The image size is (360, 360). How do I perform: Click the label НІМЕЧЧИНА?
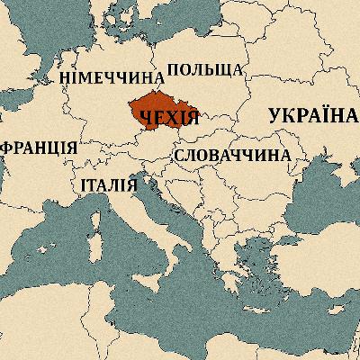click(x=112, y=77)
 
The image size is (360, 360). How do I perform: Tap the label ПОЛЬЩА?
click(x=205, y=70)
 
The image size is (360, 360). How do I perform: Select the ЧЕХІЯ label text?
click(x=167, y=119)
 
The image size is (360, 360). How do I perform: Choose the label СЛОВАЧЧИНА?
click(x=232, y=155)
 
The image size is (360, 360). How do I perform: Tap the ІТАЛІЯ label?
click(x=108, y=187)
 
